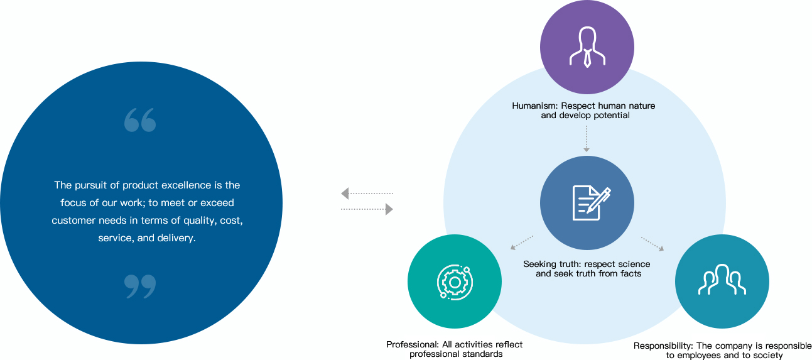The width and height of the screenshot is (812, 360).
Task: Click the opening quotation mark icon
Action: coord(140,119)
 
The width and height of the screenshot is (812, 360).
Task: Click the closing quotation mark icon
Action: coord(140,286)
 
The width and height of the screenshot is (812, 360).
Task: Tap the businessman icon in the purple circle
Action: coord(587,47)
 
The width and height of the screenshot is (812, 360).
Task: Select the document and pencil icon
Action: coord(592,203)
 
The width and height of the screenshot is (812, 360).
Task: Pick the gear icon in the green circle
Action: coord(455,282)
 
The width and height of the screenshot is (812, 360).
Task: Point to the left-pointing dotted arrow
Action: coord(367,194)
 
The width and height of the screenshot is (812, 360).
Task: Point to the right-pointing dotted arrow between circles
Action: coord(367,209)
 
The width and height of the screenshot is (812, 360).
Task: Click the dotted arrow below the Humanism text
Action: coord(586,139)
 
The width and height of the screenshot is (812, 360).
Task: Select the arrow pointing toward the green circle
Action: coord(522,243)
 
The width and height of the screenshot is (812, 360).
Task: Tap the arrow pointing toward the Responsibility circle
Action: coord(652,244)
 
